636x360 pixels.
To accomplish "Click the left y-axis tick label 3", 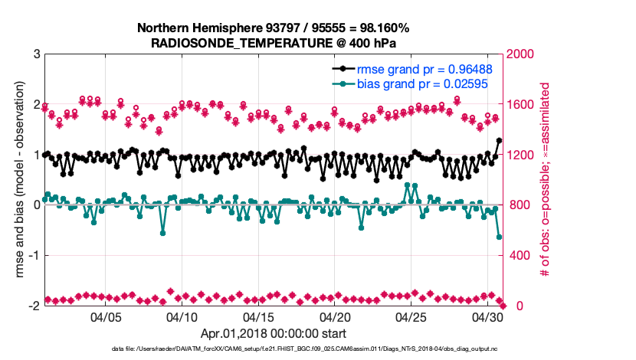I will click(x=36, y=54).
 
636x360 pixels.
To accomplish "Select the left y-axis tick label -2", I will click(x=34, y=306).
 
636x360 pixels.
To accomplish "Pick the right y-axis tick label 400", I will click(x=517, y=255).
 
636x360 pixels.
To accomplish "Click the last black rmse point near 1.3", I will click(x=499, y=141).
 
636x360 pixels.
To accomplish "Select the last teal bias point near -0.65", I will click(x=499, y=237).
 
